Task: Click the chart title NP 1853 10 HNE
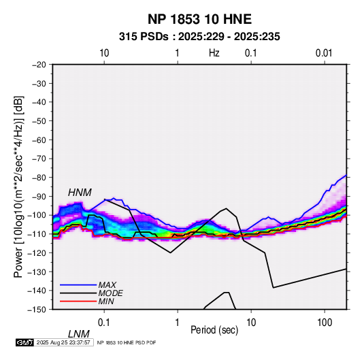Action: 199,19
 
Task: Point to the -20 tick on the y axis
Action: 39,65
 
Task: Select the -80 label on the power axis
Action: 39,178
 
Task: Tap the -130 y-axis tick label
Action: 37,272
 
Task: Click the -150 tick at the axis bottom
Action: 37,310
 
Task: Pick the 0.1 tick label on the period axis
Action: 103,323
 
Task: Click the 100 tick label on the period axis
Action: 325,323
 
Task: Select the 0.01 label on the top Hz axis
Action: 324,53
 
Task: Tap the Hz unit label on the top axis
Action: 214,53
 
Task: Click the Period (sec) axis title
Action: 214,330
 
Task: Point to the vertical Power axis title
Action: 18,186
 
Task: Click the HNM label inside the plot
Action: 80,193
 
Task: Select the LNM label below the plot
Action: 78,334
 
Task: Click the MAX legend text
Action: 107,285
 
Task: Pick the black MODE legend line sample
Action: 78,293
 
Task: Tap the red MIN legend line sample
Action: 78,301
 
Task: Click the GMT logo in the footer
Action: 24,342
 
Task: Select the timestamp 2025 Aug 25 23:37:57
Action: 63,342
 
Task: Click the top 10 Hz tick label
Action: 104,53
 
